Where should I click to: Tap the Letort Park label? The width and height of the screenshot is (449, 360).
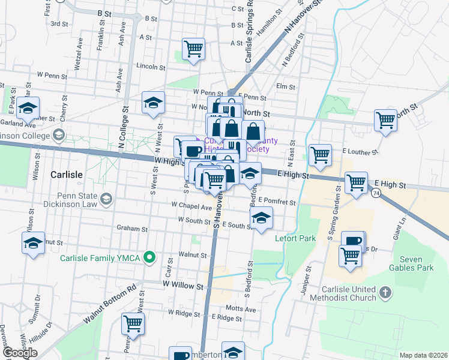point(295,238)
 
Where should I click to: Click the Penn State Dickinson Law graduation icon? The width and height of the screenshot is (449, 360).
point(106,199)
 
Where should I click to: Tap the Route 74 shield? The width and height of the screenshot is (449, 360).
point(376,193)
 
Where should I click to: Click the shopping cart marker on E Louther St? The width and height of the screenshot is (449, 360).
point(320,155)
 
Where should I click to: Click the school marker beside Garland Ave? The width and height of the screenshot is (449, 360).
point(28,108)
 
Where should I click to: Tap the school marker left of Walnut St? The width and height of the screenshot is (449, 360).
point(33,243)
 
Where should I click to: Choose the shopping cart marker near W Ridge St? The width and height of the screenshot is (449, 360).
point(133,324)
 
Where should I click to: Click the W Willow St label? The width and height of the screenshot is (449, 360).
point(183,286)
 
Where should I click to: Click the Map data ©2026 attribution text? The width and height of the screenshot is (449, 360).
point(423,355)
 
